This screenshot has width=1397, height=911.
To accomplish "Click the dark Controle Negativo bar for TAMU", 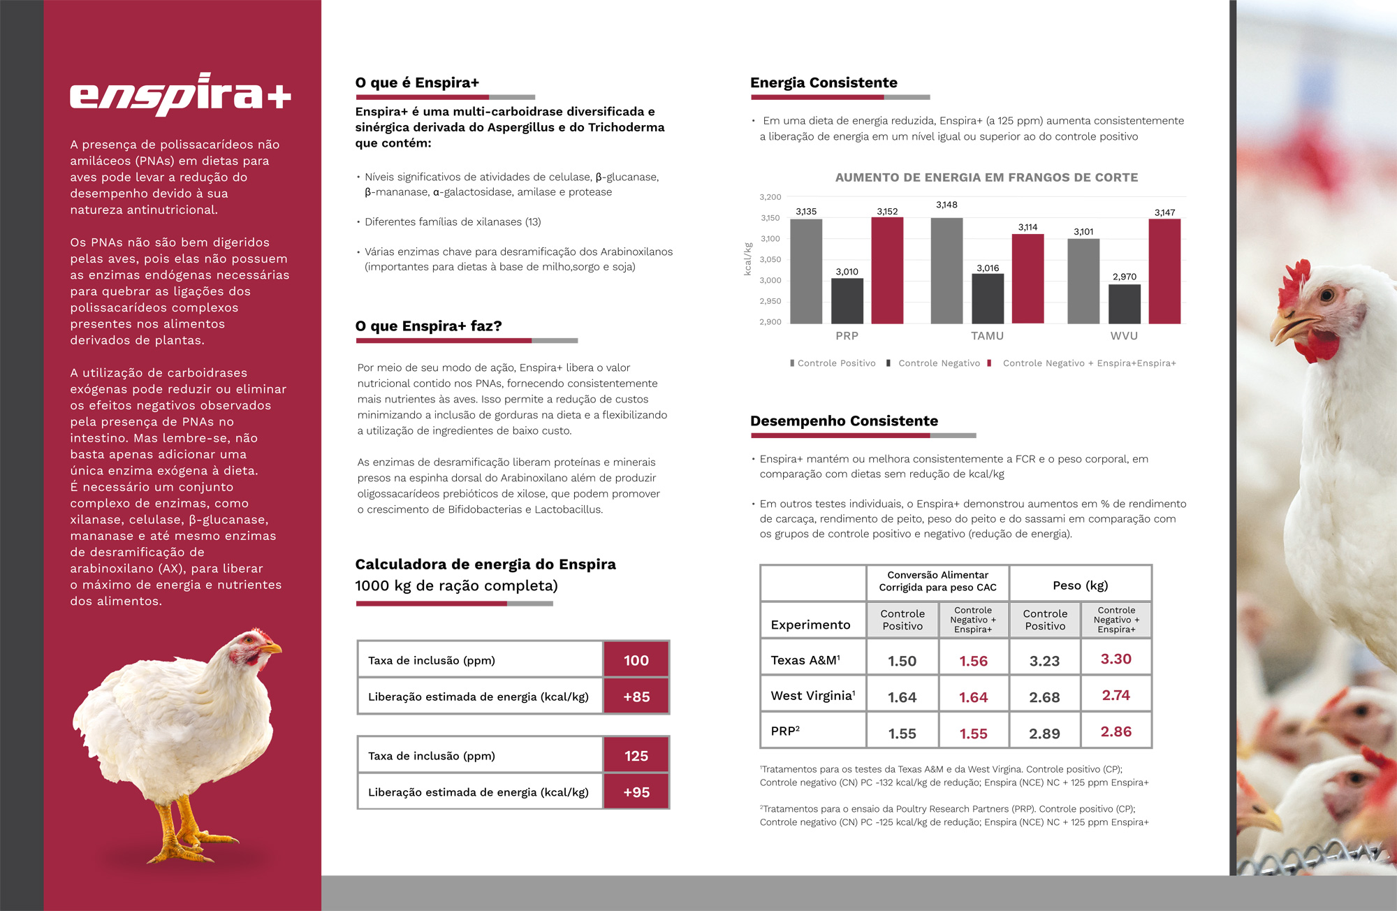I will (988, 298).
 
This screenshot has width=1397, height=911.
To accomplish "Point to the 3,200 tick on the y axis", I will (770, 198).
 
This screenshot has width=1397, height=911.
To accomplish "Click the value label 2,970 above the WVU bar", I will (1125, 277).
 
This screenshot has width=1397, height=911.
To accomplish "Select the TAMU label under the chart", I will (987, 336).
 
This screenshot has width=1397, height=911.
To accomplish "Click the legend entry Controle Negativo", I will (939, 363).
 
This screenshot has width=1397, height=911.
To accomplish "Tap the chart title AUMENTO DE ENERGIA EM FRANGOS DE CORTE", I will (986, 177).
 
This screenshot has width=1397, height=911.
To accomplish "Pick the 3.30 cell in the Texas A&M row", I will (1116, 659).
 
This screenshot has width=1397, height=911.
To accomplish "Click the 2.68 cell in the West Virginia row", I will (1044, 697).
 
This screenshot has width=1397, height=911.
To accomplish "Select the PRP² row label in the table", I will (785, 731).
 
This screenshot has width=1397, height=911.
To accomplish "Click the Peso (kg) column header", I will (1080, 585).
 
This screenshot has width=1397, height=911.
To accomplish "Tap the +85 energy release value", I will (636, 697).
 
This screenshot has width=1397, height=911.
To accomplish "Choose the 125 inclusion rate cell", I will (636, 756).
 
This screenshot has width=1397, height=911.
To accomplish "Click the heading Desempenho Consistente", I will (844, 421).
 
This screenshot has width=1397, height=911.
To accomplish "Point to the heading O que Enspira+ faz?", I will (428, 326).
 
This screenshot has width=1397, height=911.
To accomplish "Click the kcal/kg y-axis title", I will (748, 259).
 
